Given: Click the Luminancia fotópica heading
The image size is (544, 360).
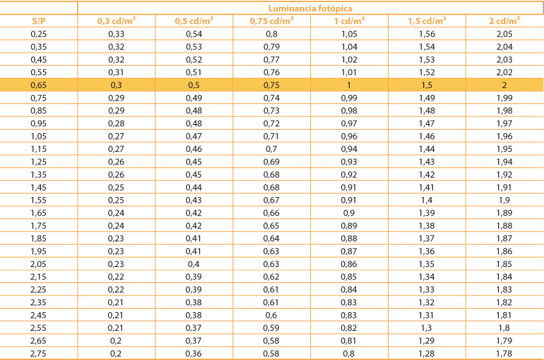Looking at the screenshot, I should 310,9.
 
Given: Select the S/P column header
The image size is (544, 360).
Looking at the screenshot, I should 39,21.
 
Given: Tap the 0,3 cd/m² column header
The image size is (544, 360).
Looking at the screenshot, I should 116,21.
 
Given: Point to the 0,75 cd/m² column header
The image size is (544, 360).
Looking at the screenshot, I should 272,21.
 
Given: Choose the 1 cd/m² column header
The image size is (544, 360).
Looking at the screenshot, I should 349,21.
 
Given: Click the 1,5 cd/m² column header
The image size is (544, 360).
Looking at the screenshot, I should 427,21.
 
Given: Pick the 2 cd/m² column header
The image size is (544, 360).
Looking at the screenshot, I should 505,21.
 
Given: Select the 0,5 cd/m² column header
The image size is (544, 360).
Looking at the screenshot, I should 194,21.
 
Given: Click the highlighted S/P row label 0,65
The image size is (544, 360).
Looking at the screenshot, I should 39,85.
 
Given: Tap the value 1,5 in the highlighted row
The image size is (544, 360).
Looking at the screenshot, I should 427,85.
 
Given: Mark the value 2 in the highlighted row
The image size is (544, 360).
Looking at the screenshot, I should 505,85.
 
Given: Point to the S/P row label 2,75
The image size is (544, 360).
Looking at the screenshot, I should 39,354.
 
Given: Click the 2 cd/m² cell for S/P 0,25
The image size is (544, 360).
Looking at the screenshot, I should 505,33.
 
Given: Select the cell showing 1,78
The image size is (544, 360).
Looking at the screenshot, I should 505,354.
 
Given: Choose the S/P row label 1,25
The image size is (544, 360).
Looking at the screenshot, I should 39,162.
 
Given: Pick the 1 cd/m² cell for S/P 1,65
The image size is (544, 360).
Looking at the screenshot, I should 349,213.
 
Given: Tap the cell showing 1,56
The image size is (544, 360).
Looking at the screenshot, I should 427,33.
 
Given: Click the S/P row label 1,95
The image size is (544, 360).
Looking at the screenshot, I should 39,251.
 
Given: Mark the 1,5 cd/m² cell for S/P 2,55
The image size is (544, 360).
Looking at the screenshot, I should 427,328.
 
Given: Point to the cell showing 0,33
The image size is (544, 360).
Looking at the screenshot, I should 116,33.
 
